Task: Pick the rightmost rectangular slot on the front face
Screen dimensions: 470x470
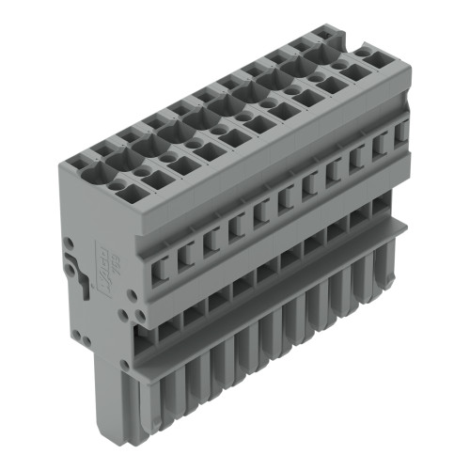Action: (x=402, y=133)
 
